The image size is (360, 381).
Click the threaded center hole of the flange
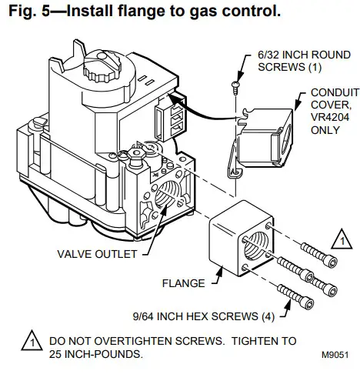click(253, 246)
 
